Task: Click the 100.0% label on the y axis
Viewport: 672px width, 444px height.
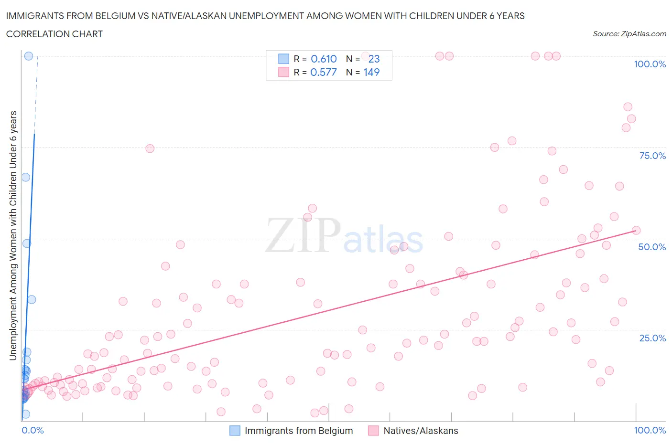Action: (x=650, y=64)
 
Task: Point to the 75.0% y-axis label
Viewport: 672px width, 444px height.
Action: (x=652, y=156)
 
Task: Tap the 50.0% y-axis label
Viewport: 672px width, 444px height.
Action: (x=652, y=247)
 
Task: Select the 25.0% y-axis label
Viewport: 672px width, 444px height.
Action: (x=652, y=338)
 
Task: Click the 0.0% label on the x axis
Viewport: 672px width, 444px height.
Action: (x=33, y=430)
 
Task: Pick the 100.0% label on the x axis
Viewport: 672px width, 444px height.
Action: (x=650, y=430)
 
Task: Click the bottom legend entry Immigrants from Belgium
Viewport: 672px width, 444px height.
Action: (x=298, y=431)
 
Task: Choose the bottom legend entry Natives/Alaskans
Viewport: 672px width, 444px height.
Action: (x=421, y=431)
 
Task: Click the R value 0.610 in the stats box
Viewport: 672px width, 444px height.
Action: (x=324, y=59)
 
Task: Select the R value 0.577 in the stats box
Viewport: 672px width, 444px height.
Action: (x=324, y=72)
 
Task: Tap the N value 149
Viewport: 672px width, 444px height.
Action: (x=371, y=72)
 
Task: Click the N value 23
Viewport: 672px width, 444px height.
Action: (x=374, y=59)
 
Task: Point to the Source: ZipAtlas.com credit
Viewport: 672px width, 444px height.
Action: (x=629, y=33)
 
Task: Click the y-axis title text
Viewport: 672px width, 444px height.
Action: (x=13, y=235)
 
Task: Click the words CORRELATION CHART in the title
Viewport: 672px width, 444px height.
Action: (x=54, y=34)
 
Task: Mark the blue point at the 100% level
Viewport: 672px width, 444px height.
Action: (x=29, y=56)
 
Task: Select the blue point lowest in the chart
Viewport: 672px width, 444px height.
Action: (x=26, y=414)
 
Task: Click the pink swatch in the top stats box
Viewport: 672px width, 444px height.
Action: (x=283, y=72)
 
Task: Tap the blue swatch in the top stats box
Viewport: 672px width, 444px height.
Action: (x=283, y=59)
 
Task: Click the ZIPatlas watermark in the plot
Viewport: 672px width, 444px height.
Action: (x=344, y=235)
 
